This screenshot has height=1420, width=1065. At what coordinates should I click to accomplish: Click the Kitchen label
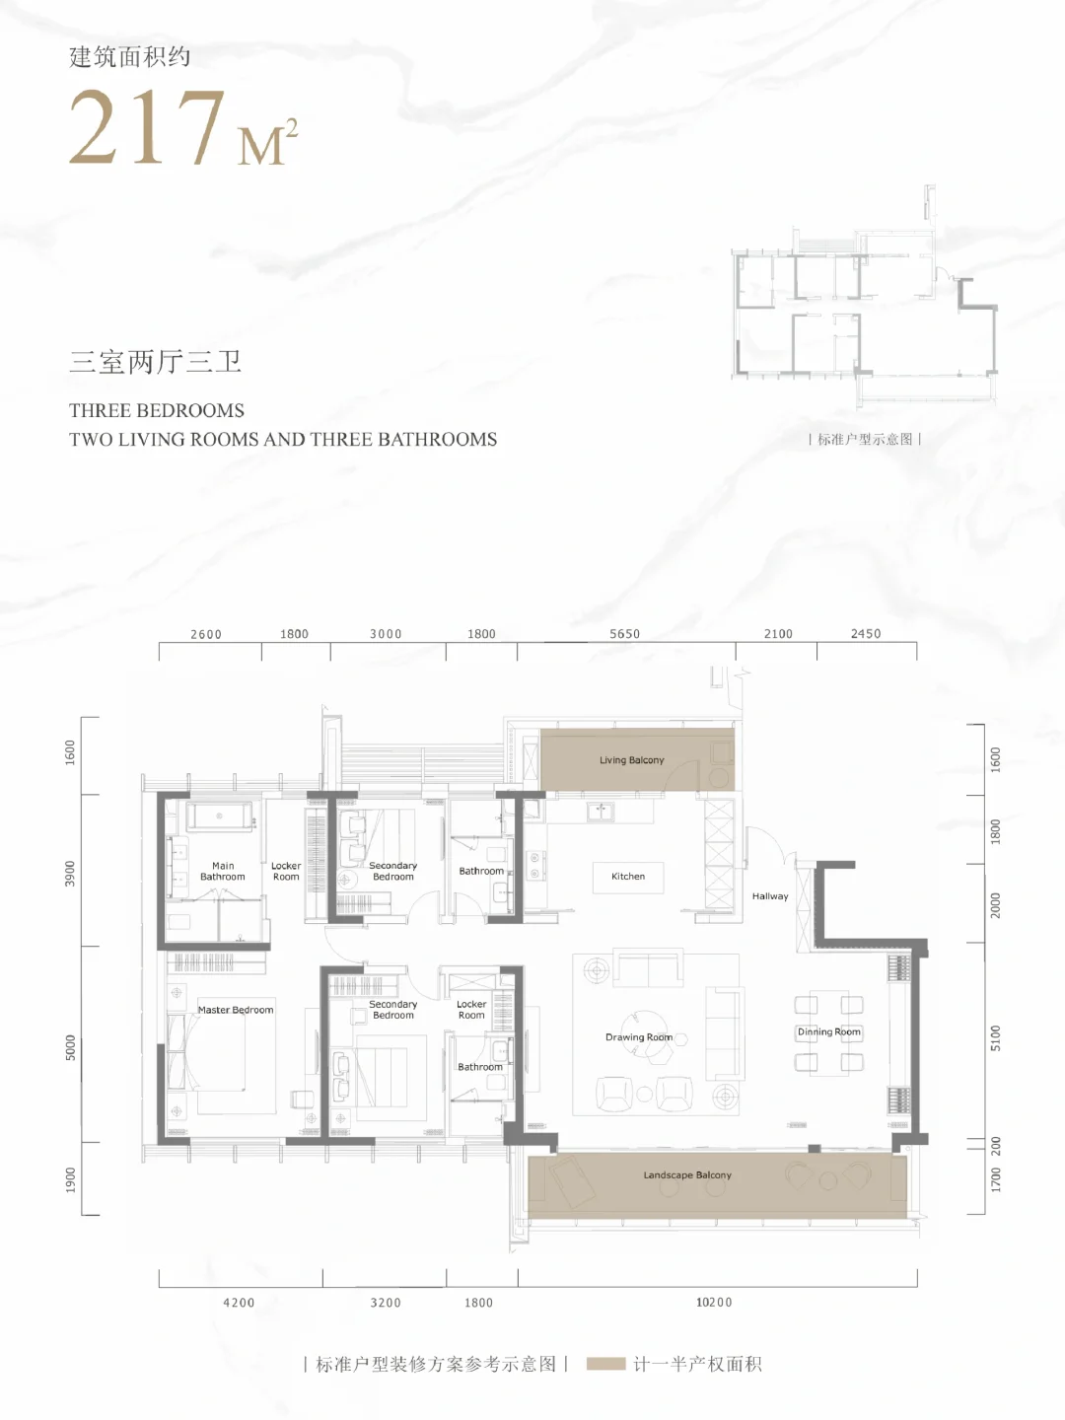[628, 876]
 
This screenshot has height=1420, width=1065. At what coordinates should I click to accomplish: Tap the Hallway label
[769, 896]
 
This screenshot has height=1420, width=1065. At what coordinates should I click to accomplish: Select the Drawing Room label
[639, 1037]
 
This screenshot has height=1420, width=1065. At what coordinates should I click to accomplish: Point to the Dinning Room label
[829, 1031]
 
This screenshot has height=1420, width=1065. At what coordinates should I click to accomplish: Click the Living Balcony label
[632, 760]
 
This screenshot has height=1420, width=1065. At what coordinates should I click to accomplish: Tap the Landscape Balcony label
[687, 1174]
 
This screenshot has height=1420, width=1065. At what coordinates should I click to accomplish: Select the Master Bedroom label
[236, 1010]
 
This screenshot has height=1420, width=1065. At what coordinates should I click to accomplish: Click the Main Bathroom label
[223, 871]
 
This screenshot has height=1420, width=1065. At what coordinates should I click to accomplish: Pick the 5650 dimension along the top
[624, 634]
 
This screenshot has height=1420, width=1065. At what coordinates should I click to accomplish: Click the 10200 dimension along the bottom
[714, 1303]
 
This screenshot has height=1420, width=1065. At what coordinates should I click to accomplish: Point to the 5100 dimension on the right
[995, 1037]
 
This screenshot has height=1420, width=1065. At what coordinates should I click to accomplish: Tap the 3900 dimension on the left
[70, 874]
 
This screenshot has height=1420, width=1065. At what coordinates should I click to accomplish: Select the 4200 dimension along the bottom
[239, 1303]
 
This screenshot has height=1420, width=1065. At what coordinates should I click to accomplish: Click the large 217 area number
[148, 127]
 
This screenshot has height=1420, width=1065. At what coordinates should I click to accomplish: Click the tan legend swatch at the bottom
[605, 1365]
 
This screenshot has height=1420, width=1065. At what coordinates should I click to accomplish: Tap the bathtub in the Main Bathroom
[219, 816]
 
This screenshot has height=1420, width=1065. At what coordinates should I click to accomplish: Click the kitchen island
[628, 878]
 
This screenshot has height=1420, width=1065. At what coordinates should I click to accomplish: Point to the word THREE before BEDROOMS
[100, 411]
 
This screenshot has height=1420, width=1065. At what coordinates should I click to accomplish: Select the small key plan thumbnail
[865, 297]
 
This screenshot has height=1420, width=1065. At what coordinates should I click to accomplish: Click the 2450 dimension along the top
[866, 634]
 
